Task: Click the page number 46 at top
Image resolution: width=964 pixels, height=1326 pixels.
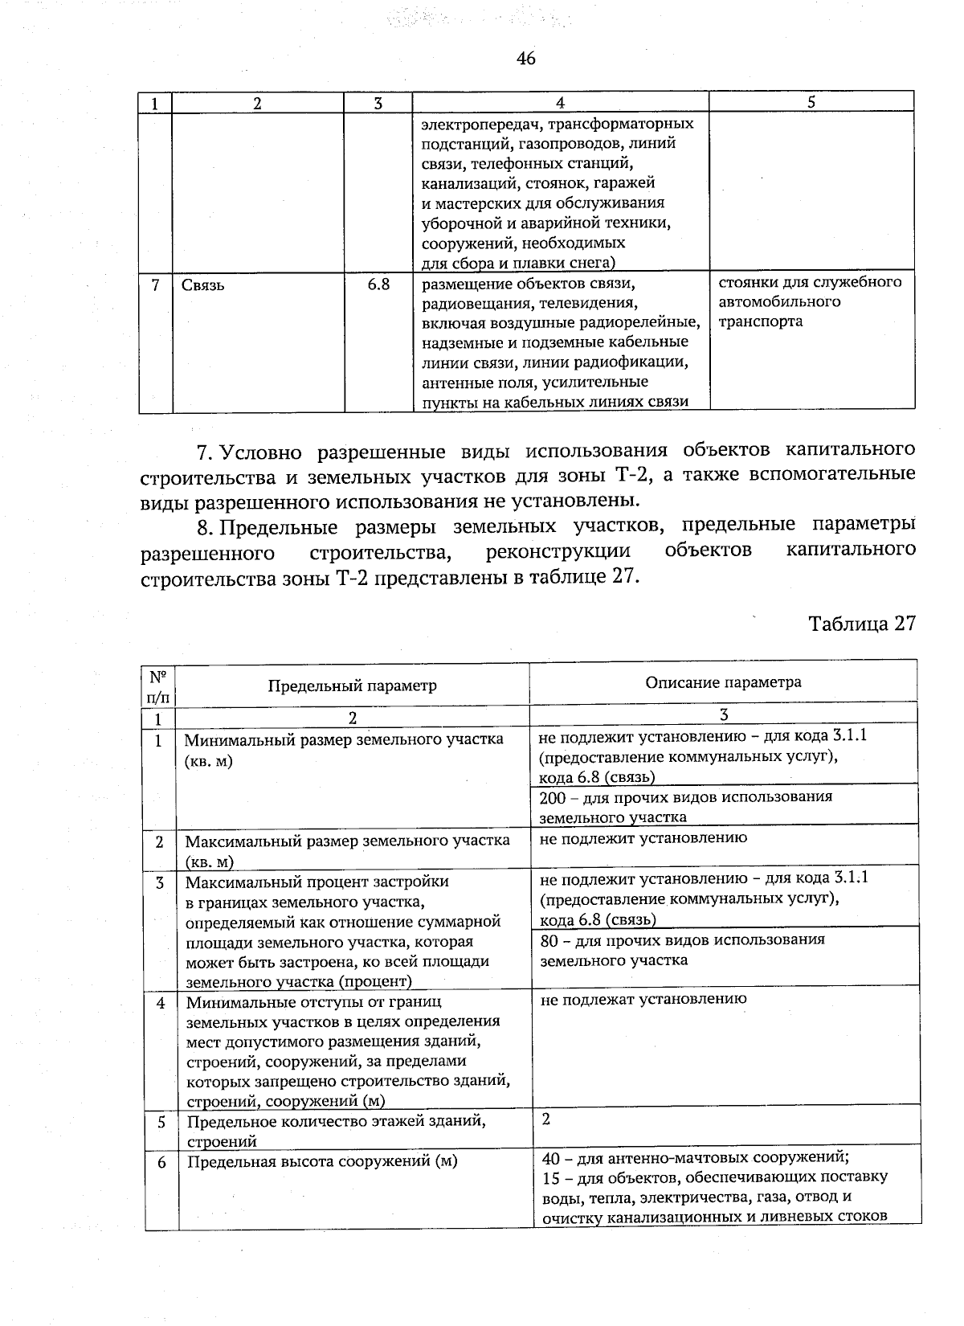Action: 526,59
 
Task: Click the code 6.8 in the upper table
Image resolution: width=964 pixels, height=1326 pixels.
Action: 378,284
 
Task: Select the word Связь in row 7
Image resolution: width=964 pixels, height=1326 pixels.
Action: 202,285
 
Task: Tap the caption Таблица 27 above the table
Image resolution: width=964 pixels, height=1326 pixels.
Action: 861,624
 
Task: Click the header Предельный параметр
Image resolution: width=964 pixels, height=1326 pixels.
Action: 352,686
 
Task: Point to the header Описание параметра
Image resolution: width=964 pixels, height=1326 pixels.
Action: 723,682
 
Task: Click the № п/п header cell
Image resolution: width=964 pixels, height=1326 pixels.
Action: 158,685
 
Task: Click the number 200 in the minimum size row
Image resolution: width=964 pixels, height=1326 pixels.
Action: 553,796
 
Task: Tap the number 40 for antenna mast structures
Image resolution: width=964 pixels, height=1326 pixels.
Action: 550,1158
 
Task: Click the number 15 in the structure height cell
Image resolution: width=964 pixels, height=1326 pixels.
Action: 550,1177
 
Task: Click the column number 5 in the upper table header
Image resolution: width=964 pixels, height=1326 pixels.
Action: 811,102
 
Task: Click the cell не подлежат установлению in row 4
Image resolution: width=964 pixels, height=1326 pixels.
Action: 643,999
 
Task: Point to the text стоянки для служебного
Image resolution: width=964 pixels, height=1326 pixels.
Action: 809,282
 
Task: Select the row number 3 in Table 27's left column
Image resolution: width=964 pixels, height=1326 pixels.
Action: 160,882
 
